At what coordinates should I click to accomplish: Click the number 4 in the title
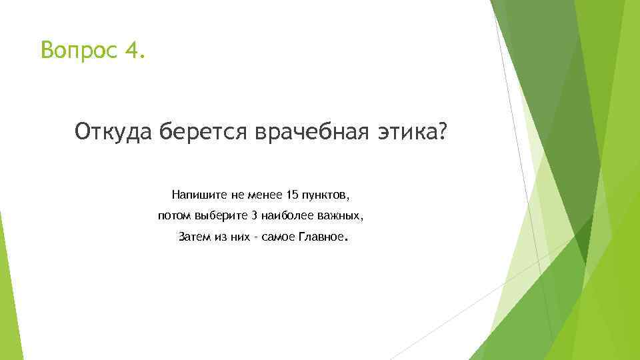(x=131, y=49)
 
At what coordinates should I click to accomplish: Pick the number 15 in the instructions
(x=291, y=195)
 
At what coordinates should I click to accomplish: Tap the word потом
(x=173, y=216)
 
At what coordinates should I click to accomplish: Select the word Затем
(x=194, y=237)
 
